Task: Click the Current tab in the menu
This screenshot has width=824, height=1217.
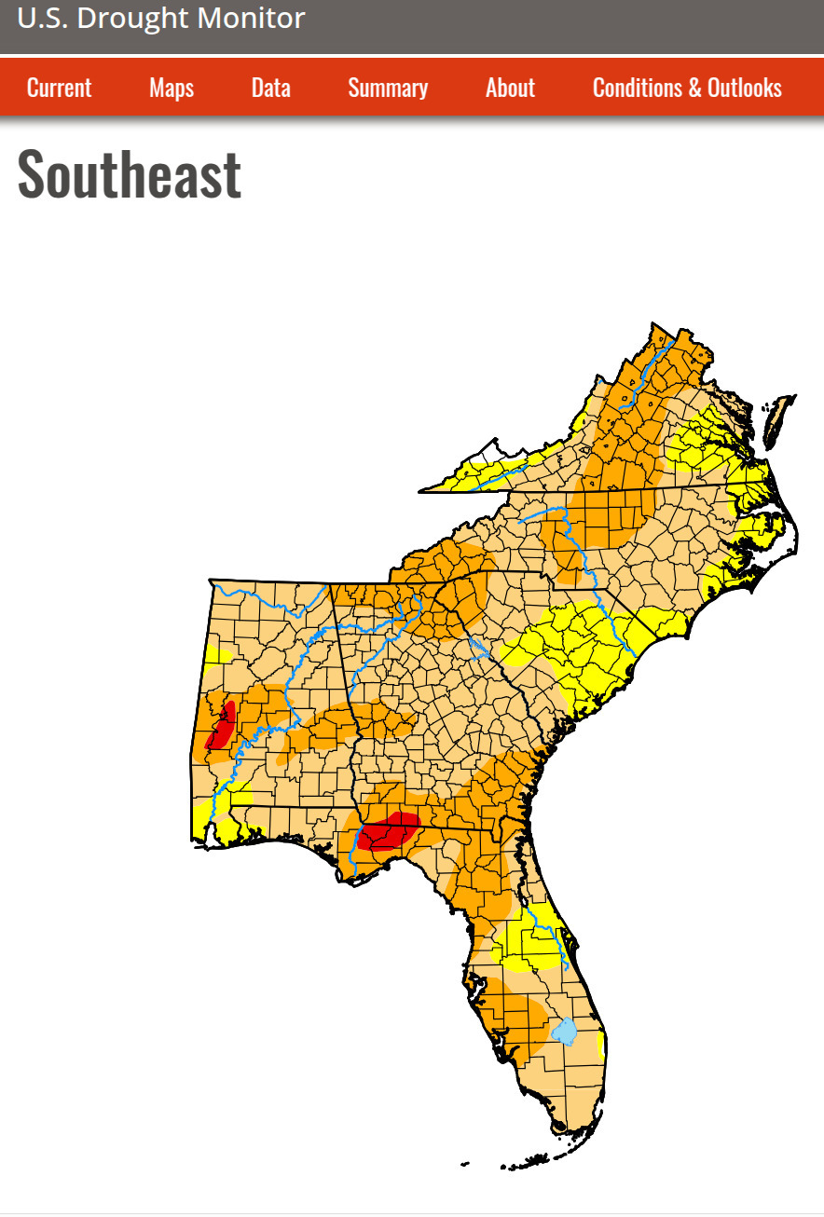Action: pos(59,88)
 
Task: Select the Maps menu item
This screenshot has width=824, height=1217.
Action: pos(172,88)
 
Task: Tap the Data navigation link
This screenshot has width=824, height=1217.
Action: pos(270,88)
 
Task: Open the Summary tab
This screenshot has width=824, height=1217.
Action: pos(388,88)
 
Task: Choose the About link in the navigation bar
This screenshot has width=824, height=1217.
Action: pos(510,88)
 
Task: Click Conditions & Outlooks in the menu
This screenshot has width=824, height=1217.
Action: pos(687,88)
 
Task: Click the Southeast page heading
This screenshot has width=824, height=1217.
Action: pos(130,173)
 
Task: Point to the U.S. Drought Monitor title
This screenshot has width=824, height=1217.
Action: pos(161,18)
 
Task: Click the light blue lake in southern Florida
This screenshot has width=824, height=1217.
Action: pos(564,1032)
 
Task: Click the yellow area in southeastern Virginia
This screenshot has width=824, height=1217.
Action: pos(718,447)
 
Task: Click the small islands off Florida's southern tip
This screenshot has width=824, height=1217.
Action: pos(522,1163)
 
